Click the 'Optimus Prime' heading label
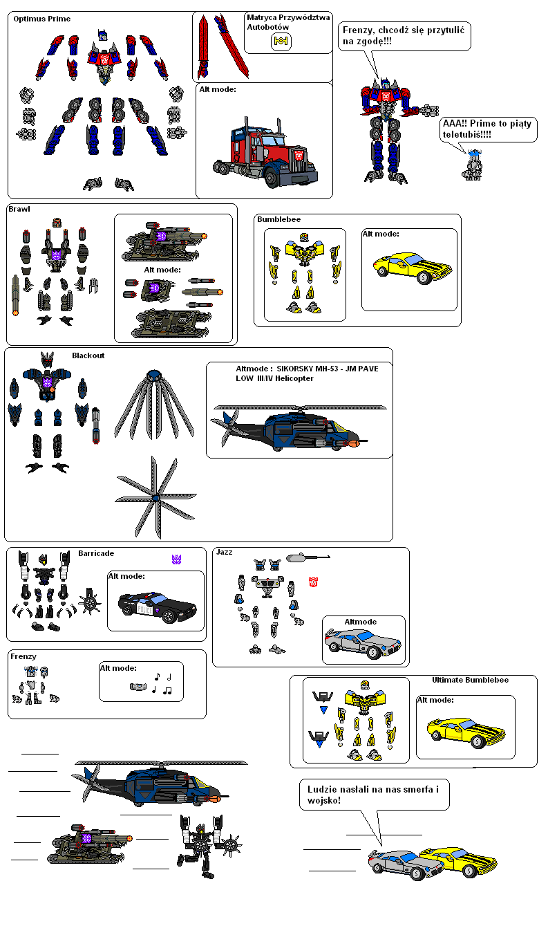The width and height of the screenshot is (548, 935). click(x=42, y=19)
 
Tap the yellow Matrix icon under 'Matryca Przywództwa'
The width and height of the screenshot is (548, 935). click(x=281, y=41)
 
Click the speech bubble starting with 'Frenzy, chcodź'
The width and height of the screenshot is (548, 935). click(x=404, y=36)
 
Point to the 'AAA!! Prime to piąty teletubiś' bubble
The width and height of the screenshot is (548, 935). click(x=488, y=129)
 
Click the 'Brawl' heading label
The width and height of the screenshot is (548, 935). click(x=19, y=208)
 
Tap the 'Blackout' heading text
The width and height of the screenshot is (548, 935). click(x=88, y=355)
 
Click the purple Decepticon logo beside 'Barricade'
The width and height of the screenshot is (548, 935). click(x=176, y=559)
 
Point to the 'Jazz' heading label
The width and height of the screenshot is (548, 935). click(x=225, y=552)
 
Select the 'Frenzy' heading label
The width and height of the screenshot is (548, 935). click(x=23, y=656)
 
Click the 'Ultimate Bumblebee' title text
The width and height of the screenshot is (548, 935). click(x=470, y=680)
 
